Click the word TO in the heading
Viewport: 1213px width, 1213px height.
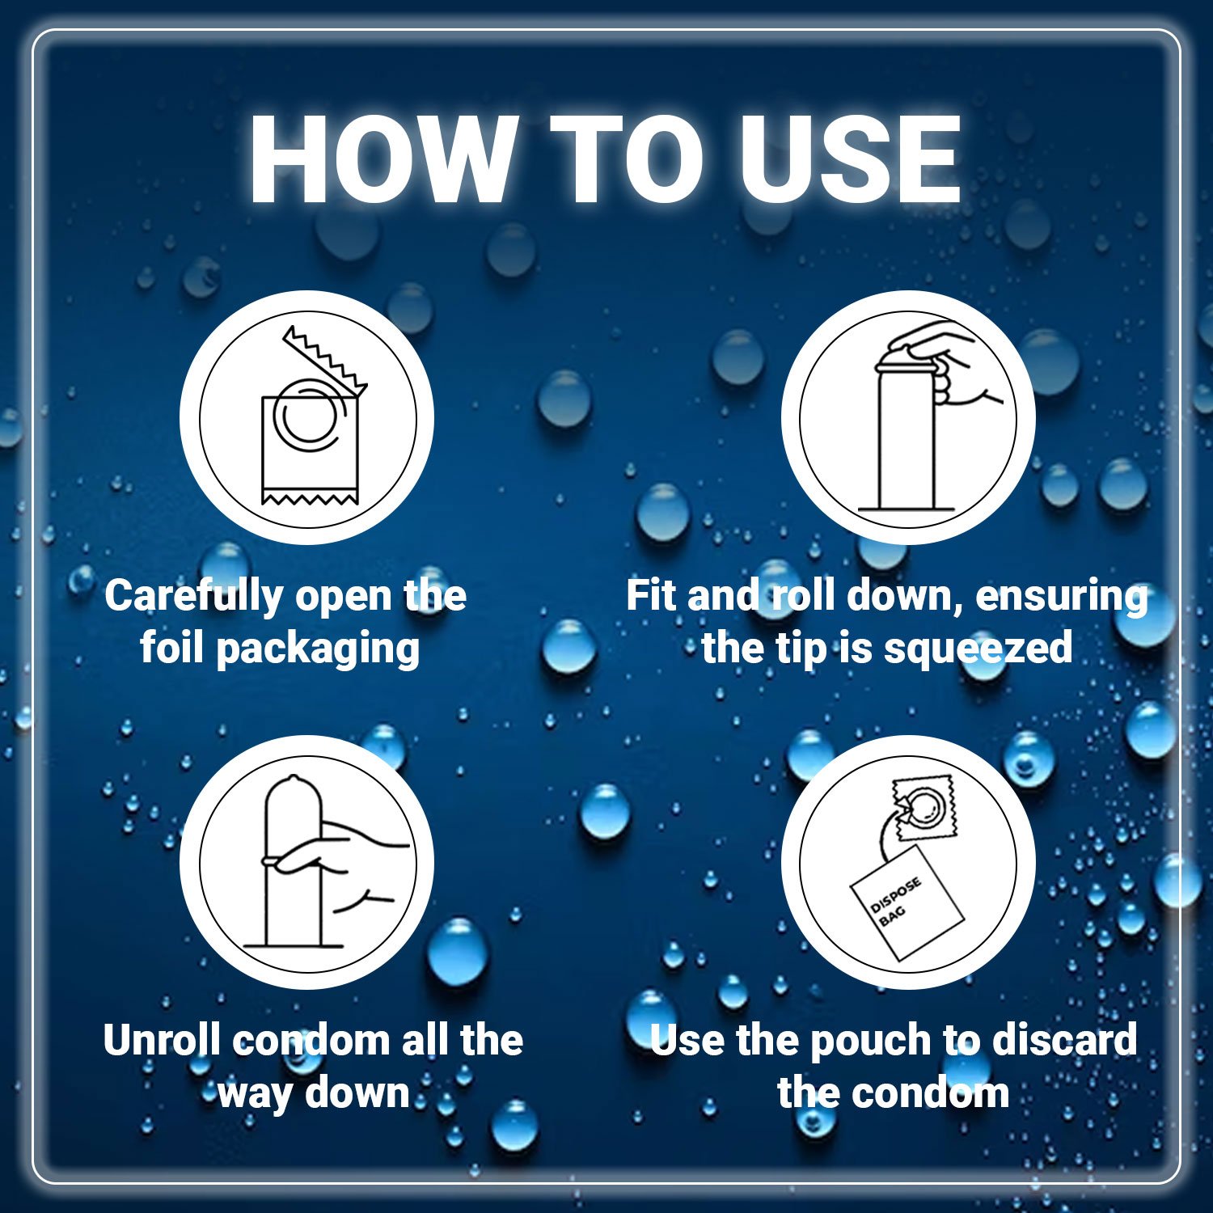point(628,158)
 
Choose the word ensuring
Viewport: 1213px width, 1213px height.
point(1062,598)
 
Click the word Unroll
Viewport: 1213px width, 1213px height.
point(162,1040)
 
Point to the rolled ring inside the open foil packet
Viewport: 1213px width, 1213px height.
point(305,415)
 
